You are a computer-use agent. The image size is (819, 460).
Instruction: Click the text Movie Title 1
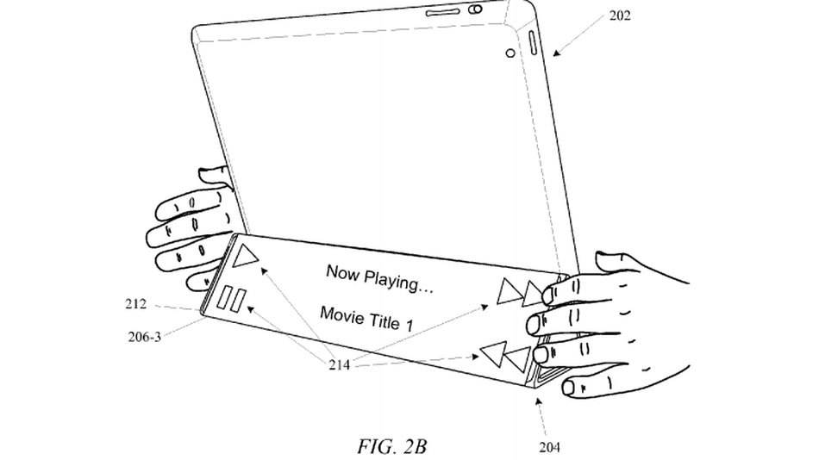[x=372, y=316]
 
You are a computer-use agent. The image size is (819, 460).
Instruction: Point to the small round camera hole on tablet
[x=510, y=53]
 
